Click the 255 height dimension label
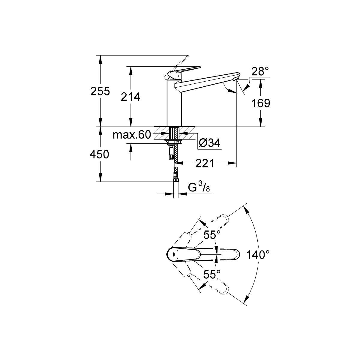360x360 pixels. pyautogui.click(x=100, y=91)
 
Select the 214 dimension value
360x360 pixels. pyautogui.click(x=130, y=97)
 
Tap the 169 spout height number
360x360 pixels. pyautogui.click(x=261, y=103)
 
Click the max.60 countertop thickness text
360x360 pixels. pyautogui.click(x=132, y=135)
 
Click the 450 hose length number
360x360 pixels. pyautogui.click(x=99, y=155)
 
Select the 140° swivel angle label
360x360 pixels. pyautogui.click(x=258, y=255)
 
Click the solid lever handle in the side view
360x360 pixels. pyautogui.click(x=184, y=72)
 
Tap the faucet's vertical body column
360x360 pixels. pyautogui.click(x=174, y=103)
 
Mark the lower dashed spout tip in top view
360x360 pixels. pyautogui.click(x=224, y=289)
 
